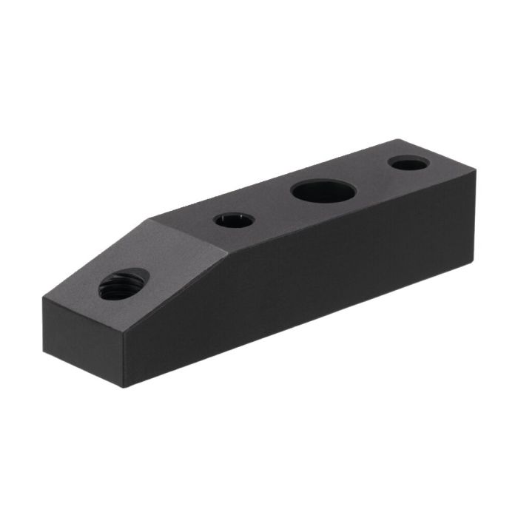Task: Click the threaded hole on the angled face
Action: coord(124,284)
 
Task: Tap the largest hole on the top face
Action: coord(323,192)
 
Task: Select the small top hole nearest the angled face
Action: coord(234,220)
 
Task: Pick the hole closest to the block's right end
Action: coord(408,163)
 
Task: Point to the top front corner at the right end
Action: coord(475,171)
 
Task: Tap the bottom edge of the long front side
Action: coord(296,326)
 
